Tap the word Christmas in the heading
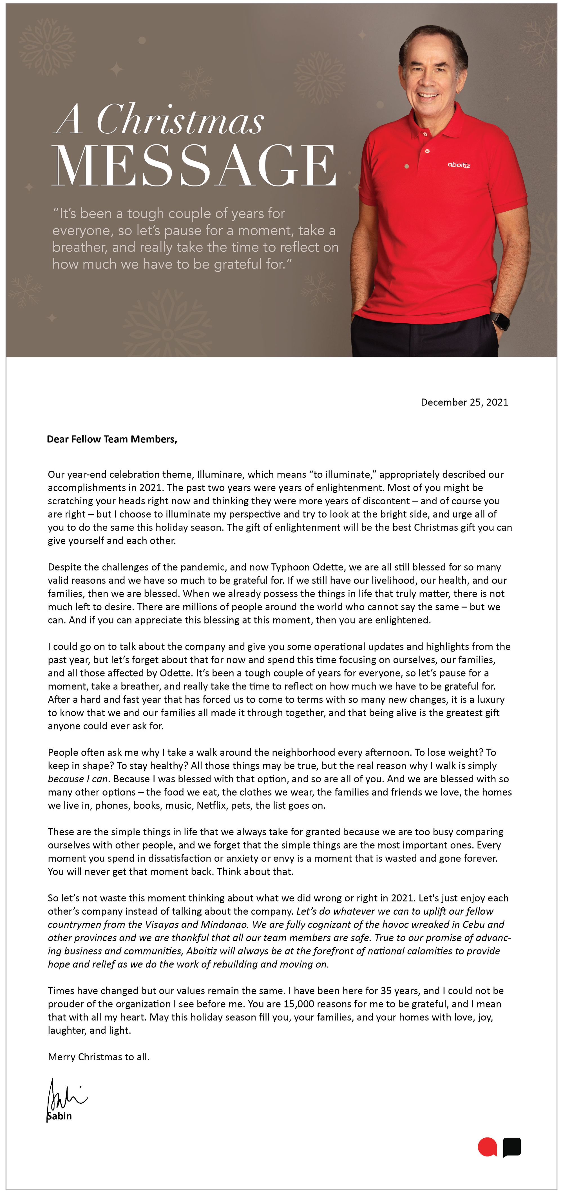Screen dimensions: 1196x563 click(x=180, y=120)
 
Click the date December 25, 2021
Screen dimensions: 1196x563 click(x=464, y=402)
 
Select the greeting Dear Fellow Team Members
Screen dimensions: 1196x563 click(x=112, y=439)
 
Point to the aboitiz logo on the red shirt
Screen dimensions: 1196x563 click(x=459, y=165)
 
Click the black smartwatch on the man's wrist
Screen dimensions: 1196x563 click(x=500, y=320)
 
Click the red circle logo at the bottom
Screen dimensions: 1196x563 click(x=487, y=1147)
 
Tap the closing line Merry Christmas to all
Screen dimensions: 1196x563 click(x=99, y=1057)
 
